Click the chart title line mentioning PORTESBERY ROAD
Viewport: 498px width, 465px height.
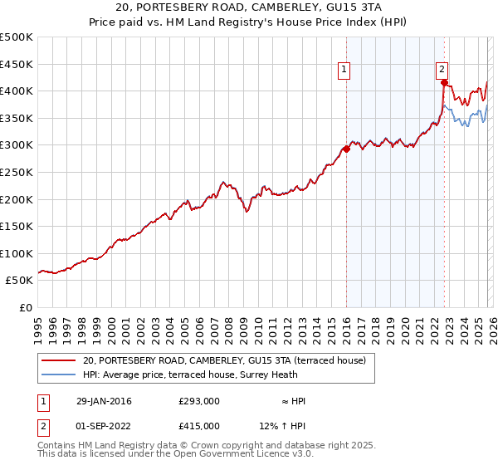pos(248,7)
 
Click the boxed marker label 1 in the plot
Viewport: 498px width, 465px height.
pos(344,70)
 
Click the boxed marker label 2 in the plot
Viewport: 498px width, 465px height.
pos(442,70)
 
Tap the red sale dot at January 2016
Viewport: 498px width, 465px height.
pos(346,149)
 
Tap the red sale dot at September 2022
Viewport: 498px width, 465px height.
pos(444,83)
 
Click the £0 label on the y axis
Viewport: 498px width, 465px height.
pos(27,307)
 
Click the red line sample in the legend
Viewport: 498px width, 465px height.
pos(59,360)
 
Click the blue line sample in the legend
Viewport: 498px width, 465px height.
pos(59,374)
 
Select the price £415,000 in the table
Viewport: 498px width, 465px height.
pos(198,426)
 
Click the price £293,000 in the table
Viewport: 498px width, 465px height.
pos(198,401)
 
